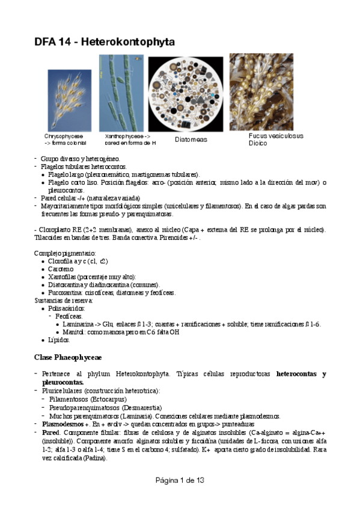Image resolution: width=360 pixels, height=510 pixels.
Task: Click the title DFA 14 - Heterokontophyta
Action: pyautogui.click(x=104, y=41)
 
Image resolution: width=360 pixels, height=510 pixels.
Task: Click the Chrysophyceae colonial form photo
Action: pyautogui.click(x=71, y=100)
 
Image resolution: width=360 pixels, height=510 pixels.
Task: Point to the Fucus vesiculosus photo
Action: pyautogui.click(x=265, y=92)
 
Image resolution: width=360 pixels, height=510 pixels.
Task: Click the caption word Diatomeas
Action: pyautogui.click(x=191, y=140)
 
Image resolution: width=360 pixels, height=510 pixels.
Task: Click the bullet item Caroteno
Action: pyautogui.click(x=61, y=269)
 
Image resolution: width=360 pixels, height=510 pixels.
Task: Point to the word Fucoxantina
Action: pyautogui.click(x=66, y=292)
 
